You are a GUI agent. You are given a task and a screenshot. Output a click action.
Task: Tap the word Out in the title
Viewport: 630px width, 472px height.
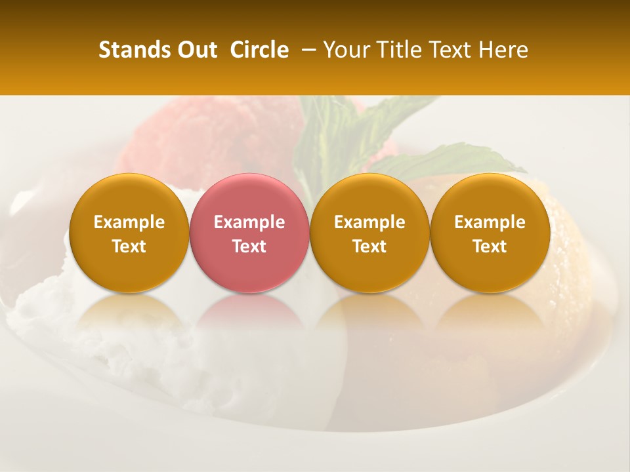(x=196, y=50)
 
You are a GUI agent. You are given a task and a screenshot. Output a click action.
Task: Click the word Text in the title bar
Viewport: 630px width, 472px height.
(x=448, y=50)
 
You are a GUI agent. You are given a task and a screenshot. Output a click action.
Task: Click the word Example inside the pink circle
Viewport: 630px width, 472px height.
(x=249, y=223)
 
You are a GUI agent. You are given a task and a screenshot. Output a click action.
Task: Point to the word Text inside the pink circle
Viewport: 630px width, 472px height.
(x=249, y=246)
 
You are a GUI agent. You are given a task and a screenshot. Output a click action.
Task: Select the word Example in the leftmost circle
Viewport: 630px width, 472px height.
(x=129, y=223)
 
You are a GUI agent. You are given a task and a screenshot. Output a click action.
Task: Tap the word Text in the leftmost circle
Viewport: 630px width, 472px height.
(x=129, y=246)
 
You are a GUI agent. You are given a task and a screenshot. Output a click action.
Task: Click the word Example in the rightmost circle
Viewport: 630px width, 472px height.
(x=490, y=223)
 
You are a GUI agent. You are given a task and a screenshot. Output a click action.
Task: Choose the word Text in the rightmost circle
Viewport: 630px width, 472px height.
(x=490, y=246)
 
